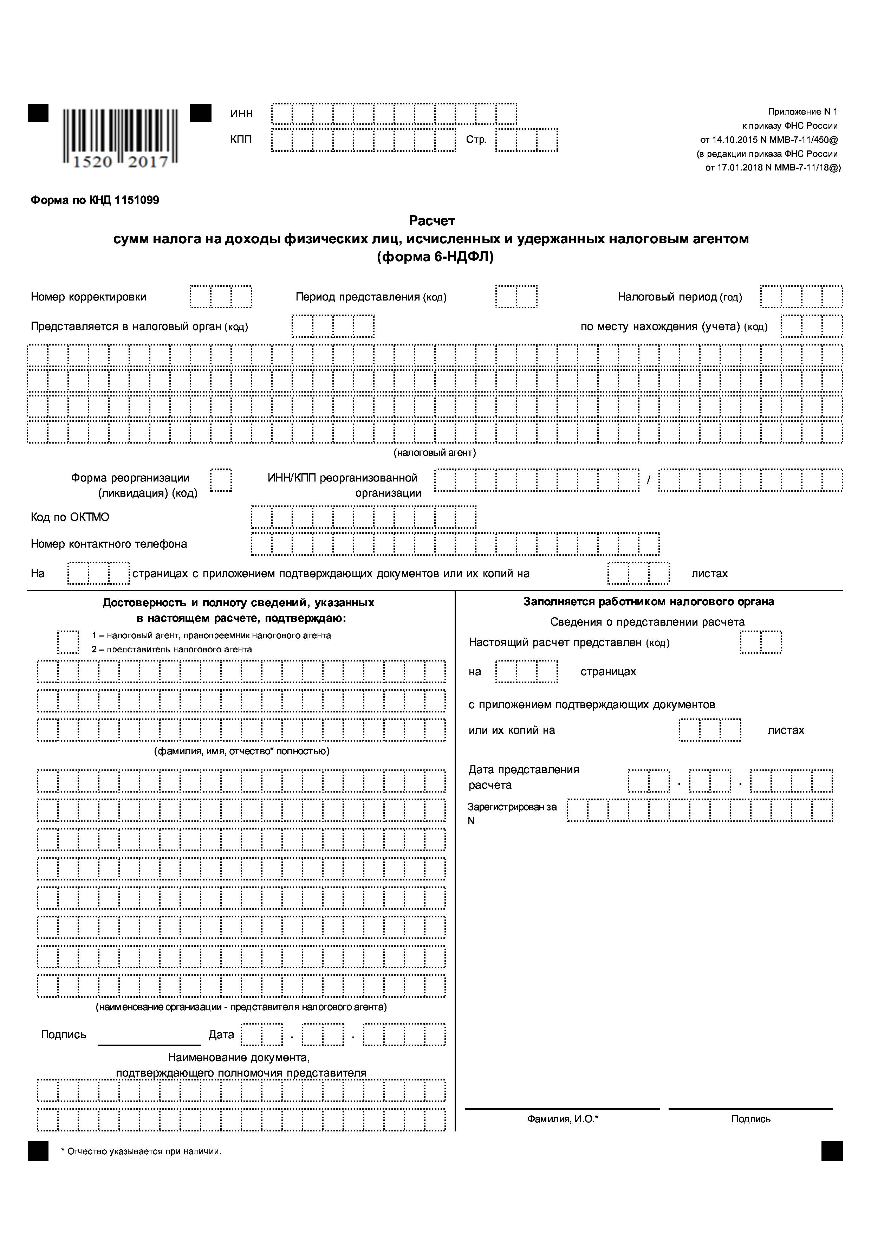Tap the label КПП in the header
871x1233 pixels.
pyautogui.click(x=241, y=140)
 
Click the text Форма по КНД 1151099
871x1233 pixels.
pyautogui.click(x=95, y=200)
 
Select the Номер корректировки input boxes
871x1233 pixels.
pyautogui.click(x=221, y=297)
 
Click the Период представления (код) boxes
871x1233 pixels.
pyautogui.click(x=516, y=297)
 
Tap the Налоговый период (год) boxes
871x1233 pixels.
pyautogui.click(x=801, y=297)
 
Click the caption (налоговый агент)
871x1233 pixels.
pyautogui.click(x=435, y=453)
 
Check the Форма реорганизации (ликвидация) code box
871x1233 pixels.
pyautogui.click(x=221, y=480)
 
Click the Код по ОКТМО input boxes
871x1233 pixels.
pyautogui.click(x=363, y=517)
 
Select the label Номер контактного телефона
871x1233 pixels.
pyautogui.click(x=109, y=544)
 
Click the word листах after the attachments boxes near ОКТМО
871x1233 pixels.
pyautogui.click(x=709, y=574)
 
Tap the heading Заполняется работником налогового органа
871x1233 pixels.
pyautogui.click(x=648, y=602)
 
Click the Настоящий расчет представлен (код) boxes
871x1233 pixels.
pyautogui.click(x=760, y=642)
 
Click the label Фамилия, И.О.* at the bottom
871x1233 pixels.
pyautogui.click(x=563, y=1119)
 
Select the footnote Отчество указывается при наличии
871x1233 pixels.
pyautogui.click(x=141, y=1151)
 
